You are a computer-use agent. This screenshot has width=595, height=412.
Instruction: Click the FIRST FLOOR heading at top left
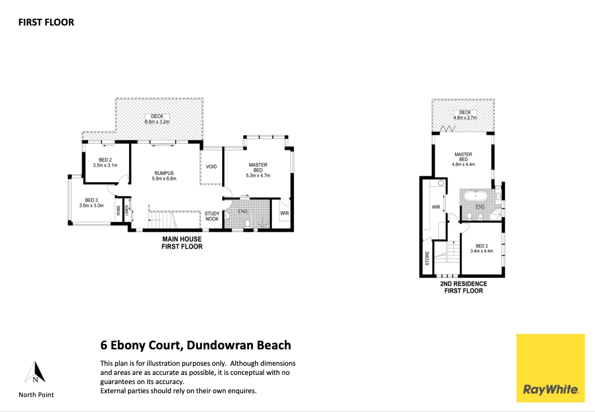point(46,22)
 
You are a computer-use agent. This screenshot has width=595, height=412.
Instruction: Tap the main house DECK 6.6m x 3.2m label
point(157,119)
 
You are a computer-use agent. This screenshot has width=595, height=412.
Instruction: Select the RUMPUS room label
point(164,173)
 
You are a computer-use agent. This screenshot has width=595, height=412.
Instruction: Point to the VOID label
point(211,167)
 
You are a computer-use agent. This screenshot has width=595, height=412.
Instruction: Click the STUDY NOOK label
point(212,216)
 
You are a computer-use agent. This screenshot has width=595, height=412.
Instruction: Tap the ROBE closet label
point(119,211)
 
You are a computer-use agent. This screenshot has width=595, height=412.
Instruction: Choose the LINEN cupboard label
point(127,210)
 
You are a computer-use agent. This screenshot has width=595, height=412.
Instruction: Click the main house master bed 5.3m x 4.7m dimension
point(258,175)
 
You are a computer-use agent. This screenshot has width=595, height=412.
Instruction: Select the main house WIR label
point(284,213)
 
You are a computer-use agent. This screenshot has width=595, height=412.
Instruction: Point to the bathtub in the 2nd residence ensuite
point(476,196)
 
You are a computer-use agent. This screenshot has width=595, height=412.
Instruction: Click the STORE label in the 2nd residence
point(427,258)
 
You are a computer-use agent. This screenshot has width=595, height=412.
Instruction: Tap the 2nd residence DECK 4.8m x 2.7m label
point(465,115)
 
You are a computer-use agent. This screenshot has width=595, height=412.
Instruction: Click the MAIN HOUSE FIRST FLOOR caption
point(182,243)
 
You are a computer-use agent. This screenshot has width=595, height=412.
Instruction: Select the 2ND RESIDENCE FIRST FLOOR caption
point(463,287)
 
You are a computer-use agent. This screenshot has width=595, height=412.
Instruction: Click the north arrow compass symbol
point(35,372)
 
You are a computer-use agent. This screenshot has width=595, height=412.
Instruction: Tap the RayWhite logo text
point(550,390)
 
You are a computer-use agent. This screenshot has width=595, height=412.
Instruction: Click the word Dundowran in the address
point(220,345)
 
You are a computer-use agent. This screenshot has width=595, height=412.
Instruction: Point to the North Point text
point(36,395)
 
